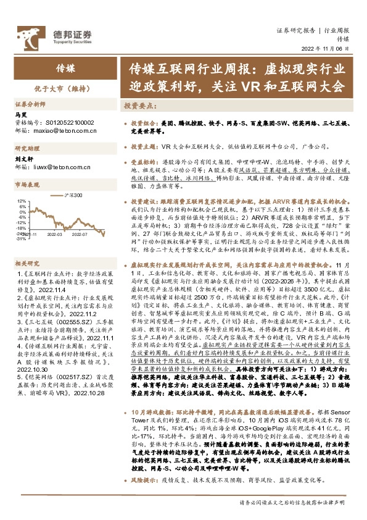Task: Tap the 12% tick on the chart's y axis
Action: pos(21,201)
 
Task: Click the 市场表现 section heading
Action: pos(27,185)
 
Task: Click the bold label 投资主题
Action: pos(145,147)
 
